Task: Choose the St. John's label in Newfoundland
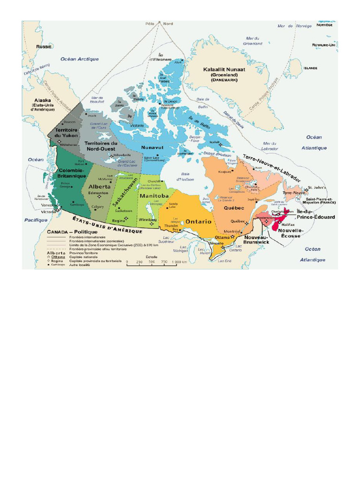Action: pos(317,187)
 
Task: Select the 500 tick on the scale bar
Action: pos(152,262)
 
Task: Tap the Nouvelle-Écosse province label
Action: pos(291,233)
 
